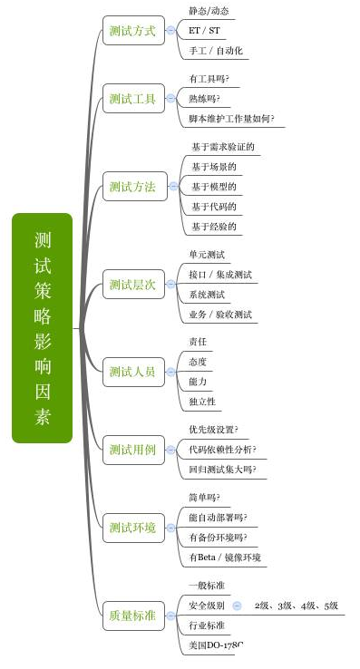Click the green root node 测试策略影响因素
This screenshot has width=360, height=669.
point(42,328)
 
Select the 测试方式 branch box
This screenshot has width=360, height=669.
point(131,30)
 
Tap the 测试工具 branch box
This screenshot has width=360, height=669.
point(131,98)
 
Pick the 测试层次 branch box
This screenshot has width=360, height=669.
point(131,285)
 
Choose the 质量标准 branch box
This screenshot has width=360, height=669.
point(131,616)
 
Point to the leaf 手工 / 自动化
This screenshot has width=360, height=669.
point(215,51)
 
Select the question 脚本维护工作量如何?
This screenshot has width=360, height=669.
point(231,119)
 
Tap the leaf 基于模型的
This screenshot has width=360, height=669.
point(214,187)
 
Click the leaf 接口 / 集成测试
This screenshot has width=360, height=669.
point(220,275)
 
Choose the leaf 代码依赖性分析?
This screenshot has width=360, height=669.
point(222,450)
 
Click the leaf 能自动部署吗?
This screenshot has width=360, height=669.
point(218,518)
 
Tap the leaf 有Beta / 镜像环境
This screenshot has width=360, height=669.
point(224,557)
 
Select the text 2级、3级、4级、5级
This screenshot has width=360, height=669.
point(296,605)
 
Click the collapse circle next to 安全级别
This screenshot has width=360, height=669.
point(237,605)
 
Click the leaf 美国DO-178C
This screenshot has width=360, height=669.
point(216,645)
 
